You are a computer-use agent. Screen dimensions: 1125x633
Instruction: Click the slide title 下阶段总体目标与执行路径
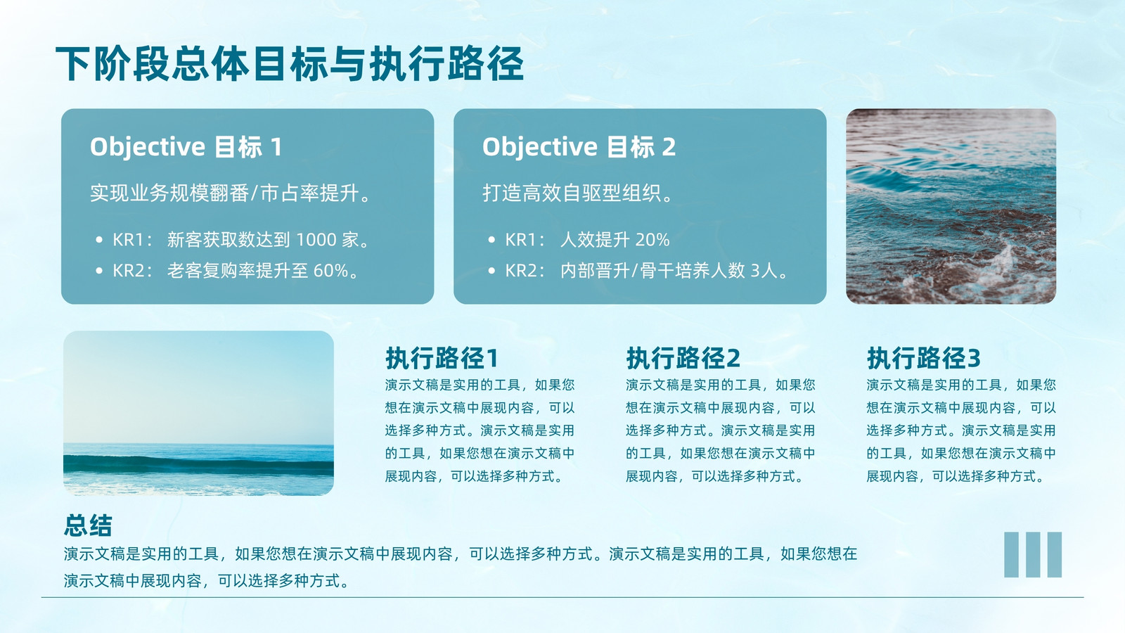(x=290, y=64)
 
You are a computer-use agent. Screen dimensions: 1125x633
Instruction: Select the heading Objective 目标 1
(x=186, y=147)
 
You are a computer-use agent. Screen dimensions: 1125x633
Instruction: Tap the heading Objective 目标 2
(x=579, y=147)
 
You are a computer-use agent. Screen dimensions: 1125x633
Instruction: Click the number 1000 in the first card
(x=316, y=240)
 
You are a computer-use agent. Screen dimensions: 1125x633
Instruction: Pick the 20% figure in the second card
(x=652, y=240)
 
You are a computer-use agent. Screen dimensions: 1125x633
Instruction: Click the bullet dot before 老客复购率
(x=99, y=271)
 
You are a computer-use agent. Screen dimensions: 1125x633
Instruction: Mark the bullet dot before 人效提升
(x=491, y=240)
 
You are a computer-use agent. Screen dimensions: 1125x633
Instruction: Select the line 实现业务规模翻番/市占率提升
(x=230, y=193)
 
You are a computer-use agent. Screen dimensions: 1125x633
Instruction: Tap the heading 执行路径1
(x=442, y=358)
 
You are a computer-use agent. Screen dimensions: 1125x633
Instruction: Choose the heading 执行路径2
(x=683, y=358)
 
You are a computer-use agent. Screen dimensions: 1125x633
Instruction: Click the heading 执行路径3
(x=924, y=358)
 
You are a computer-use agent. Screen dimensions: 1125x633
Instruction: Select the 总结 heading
(x=88, y=525)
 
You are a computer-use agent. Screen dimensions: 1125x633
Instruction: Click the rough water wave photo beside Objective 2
(x=951, y=207)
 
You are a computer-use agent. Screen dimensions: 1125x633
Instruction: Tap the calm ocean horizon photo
(x=198, y=413)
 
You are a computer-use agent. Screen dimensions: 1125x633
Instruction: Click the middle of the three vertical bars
(x=1033, y=555)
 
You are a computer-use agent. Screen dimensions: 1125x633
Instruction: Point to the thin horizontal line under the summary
(x=562, y=597)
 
